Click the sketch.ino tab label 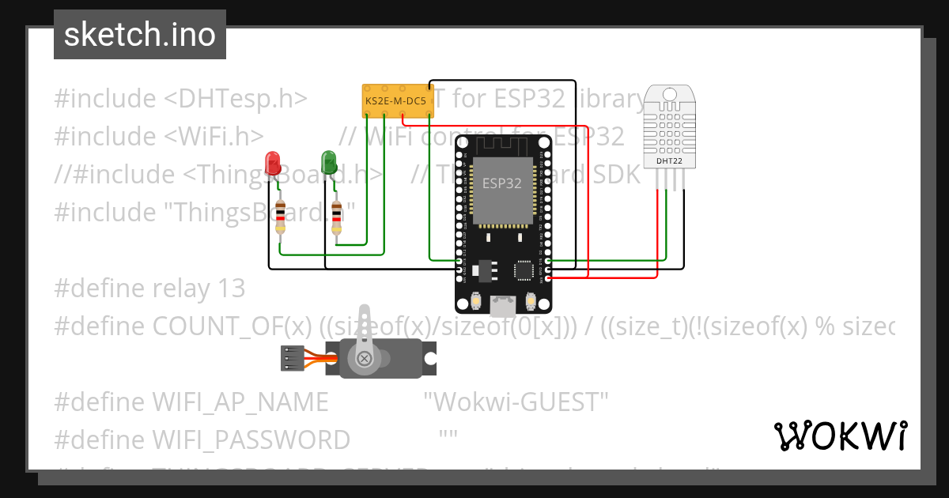[139, 35]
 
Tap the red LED [274, 163]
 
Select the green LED [329, 163]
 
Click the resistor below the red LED [281, 217]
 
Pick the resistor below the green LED [338, 217]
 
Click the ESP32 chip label [502, 183]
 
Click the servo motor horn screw [365, 359]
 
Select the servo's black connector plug [293, 359]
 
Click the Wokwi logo [840, 436]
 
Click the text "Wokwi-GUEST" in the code [516, 402]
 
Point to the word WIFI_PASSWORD [251, 440]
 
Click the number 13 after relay [233, 289]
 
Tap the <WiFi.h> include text [214, 137]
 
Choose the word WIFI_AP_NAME [240, 402]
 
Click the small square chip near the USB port [523, 270]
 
